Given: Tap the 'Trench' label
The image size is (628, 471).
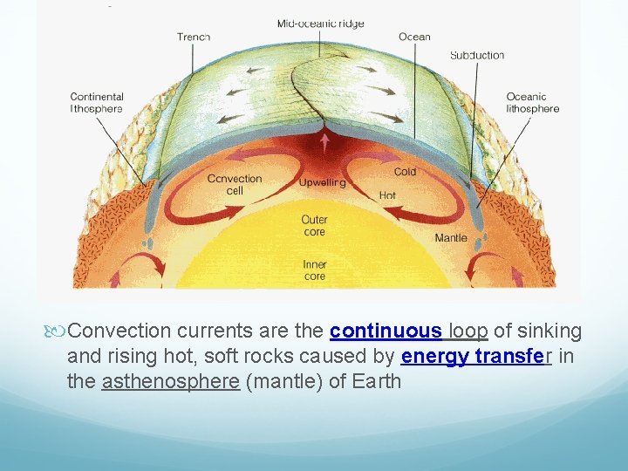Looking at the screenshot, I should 194,37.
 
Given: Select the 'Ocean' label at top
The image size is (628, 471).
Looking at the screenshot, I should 414,37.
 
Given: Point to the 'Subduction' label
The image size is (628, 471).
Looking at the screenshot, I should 477,55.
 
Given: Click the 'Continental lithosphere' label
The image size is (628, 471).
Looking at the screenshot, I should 97,103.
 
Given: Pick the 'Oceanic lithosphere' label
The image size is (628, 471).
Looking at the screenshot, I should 532,103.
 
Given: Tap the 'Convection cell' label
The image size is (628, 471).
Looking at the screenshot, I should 234,185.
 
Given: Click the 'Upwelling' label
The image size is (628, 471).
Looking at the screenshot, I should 323,183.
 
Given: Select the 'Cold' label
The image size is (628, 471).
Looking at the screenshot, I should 405,172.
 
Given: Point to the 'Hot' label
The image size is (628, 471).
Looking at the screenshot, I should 387,195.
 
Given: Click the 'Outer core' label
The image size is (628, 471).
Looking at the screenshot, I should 314,226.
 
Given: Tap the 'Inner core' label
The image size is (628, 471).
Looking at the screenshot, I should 314,270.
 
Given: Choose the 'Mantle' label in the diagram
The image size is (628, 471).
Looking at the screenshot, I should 451,237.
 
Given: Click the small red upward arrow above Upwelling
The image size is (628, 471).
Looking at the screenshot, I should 325,141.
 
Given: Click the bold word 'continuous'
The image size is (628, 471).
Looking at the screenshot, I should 386,331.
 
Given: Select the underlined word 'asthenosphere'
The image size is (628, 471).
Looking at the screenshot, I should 170,381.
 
